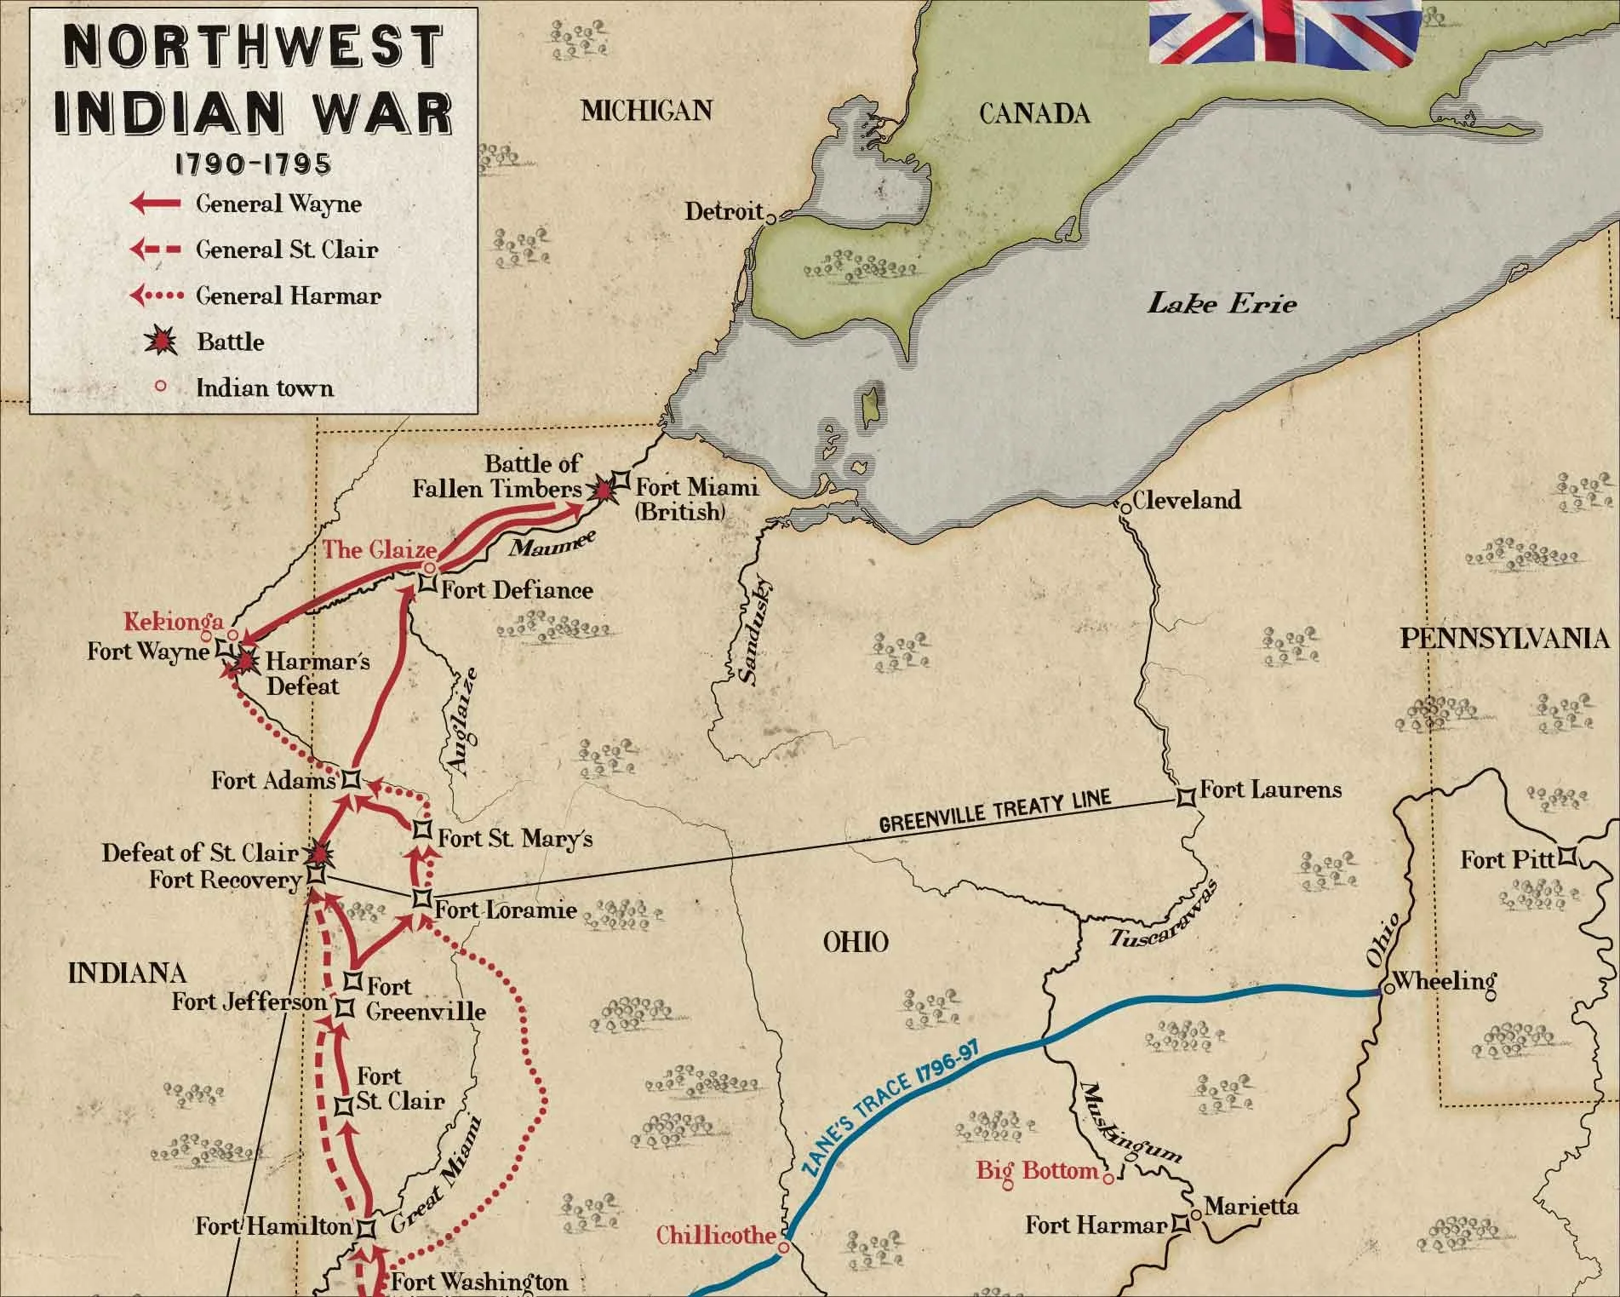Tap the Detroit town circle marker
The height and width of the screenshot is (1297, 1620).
tap(771, 218)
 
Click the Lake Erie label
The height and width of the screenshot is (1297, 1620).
tap(1222, 303)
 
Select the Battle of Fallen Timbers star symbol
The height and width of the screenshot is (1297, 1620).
tap(604, 490)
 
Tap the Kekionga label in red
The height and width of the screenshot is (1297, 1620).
tap(174, 621)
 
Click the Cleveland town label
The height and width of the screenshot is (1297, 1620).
tap(1187, 500)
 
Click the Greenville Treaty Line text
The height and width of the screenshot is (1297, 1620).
tap(994, 812)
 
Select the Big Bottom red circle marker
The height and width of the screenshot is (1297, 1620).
tap(1108, 1179)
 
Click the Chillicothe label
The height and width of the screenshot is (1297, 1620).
tap(716, 1235)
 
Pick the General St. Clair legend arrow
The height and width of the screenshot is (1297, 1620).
tap(155, 250)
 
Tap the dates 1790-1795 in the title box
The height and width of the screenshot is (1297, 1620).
tap(253, 164)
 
